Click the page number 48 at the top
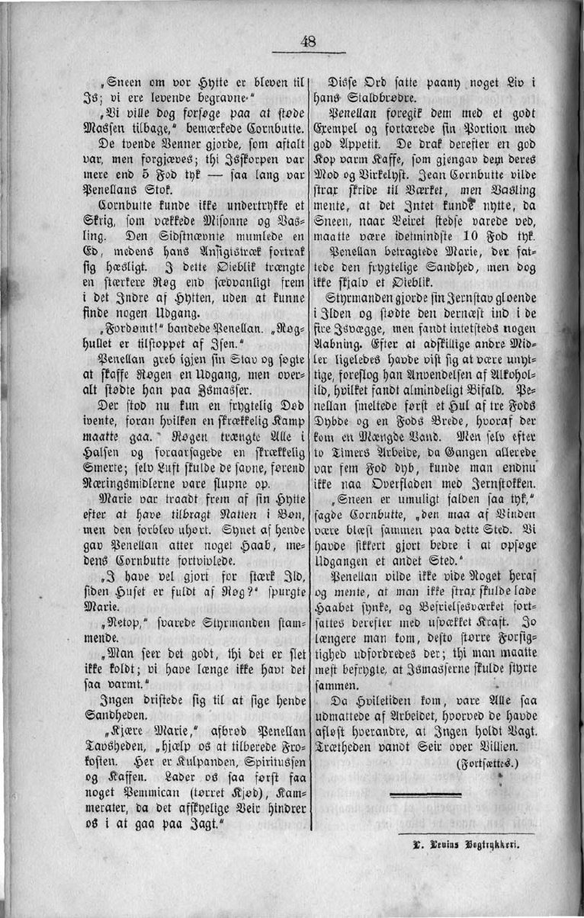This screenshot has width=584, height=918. tap(309, 42)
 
